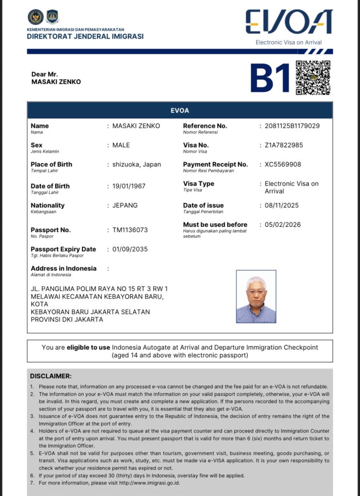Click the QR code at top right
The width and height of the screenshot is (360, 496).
tap(313, 77)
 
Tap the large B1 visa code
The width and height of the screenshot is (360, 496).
tap(270, 78)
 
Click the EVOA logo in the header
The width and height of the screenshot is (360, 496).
tap(289, 22)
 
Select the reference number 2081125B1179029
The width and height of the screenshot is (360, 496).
tap(292, 126)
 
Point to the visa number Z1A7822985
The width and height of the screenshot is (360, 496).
tap(284, 145)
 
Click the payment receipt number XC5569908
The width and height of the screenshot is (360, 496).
tap(283, 164)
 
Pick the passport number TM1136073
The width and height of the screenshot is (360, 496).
tap(130, 230)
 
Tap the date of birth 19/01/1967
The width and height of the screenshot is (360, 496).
tap(129, 186)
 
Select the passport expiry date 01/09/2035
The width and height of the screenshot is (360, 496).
tap(130, 249)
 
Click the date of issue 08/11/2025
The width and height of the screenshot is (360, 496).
tap(282, 205)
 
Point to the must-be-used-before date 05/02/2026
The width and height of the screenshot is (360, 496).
tap(282, 225)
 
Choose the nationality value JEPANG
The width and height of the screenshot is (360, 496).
tap(125, 205)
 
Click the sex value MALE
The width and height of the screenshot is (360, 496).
tap(121, 145)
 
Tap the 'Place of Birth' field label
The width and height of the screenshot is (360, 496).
tap(51, 164)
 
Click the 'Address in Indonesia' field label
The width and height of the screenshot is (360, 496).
tap(63, 268)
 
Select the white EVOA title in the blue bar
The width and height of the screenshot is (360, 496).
tap(180, 110)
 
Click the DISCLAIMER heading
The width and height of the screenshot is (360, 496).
tap(51, 376)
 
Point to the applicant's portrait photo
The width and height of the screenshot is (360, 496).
tap(256, 296)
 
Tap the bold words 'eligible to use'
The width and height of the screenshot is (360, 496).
tap(88, 347)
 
